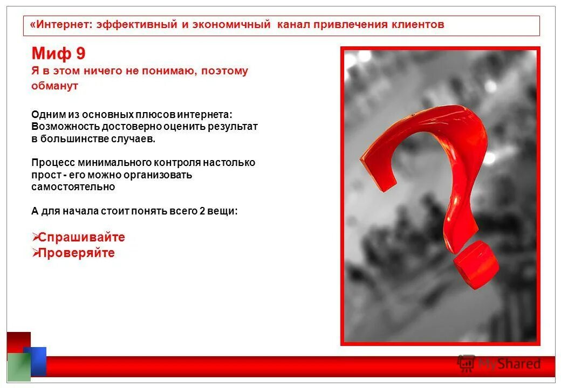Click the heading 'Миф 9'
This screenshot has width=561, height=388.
point(58,54)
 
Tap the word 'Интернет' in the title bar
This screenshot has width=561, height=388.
point(64,25)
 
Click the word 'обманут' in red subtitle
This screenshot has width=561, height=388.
point(54,86)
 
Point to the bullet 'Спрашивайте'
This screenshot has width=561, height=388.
point(81,238)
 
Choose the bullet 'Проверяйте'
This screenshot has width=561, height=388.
point(77,253)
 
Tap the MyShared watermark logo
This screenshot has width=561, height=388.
point(499,364)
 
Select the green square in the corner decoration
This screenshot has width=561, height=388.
point(18,367)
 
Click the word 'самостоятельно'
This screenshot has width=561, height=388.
point(73,188)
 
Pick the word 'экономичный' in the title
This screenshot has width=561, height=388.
point(236,25)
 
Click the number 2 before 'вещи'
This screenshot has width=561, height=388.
point(202,211)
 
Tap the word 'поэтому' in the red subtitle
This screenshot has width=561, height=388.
point(225,71)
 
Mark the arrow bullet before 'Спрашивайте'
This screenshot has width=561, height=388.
point(35,237)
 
